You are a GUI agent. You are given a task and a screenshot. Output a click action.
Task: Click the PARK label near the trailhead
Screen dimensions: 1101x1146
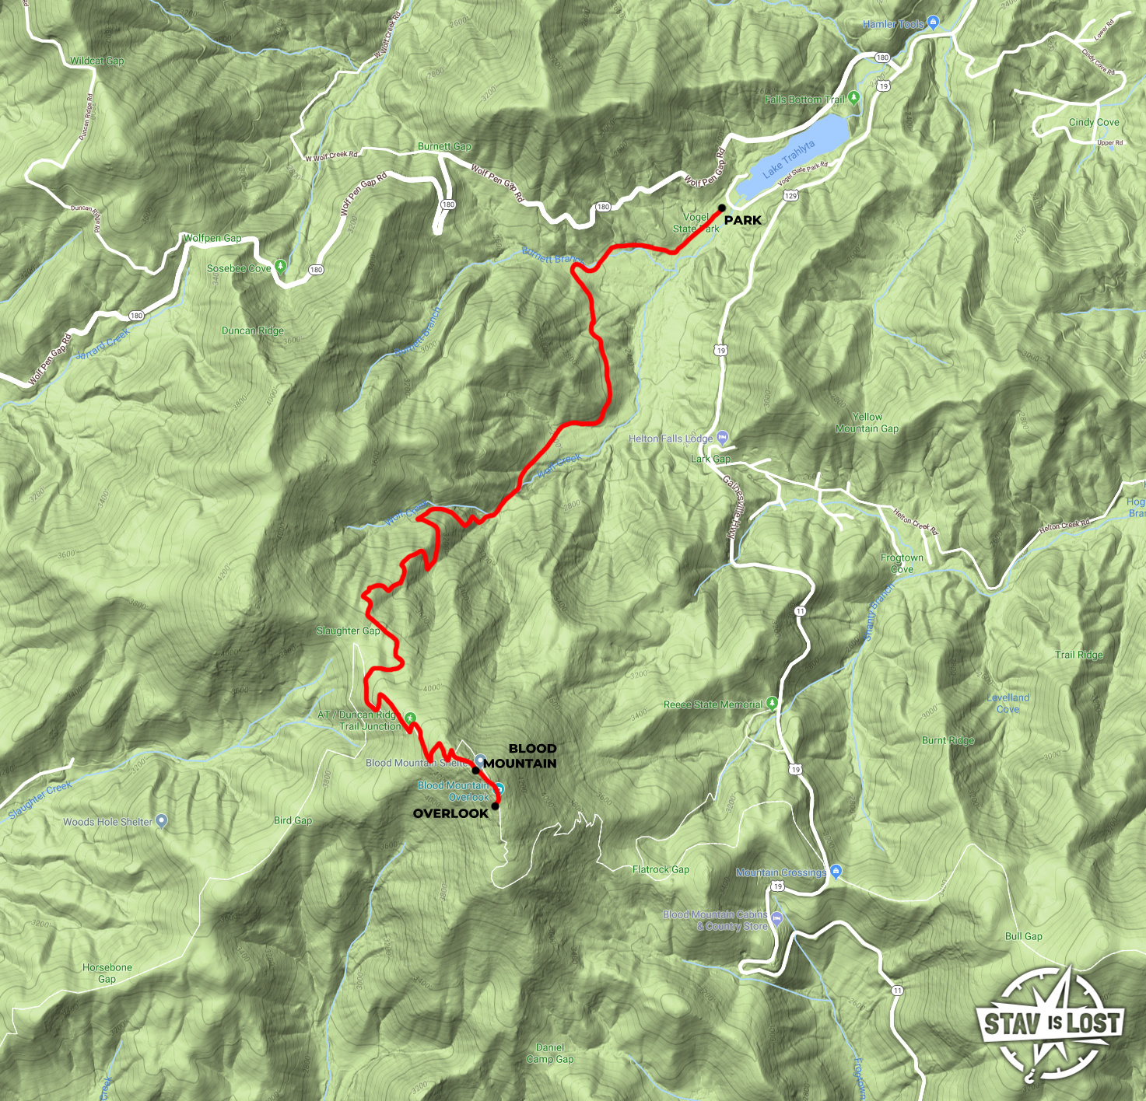[742, 220]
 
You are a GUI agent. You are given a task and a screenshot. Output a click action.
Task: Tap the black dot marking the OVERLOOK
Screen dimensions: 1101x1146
[495, 806]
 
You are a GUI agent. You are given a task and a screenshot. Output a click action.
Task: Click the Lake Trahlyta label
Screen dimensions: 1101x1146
[789, 159]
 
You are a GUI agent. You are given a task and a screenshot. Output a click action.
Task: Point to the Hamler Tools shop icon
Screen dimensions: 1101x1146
[934, 23]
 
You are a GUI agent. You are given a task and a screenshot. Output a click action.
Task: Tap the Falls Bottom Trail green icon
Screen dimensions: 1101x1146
[854, 98]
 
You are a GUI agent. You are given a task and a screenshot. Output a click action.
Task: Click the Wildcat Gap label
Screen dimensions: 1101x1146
[97, 61]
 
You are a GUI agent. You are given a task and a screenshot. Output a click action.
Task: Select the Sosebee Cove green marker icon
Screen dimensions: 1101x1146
[281, 267]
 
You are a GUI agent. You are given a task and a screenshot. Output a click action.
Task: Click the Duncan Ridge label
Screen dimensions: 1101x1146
[253, 330]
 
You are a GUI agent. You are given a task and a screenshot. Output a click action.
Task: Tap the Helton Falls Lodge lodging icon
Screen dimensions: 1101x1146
[723, 438]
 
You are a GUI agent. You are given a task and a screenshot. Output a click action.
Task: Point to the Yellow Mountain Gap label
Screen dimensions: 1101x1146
[867, 423]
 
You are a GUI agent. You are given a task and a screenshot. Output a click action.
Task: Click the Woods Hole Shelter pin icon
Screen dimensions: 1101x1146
[161, 820]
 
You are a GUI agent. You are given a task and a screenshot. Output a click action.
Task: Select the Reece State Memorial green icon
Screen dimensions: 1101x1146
[772, 704]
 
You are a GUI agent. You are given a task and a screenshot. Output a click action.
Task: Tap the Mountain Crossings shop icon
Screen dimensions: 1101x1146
[836, 871]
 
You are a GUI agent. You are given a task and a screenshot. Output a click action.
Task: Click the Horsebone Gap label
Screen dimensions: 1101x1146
[107, 973]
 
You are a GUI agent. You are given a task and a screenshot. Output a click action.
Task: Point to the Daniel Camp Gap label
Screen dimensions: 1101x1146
[550, 1053]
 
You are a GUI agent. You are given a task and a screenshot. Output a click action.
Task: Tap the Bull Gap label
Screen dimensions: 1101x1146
[1023, 936]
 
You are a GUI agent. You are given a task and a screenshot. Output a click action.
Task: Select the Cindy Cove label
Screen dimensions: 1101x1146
[1094, 122]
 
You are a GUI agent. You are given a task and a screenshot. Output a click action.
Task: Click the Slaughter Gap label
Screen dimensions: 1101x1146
[348, 631]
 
